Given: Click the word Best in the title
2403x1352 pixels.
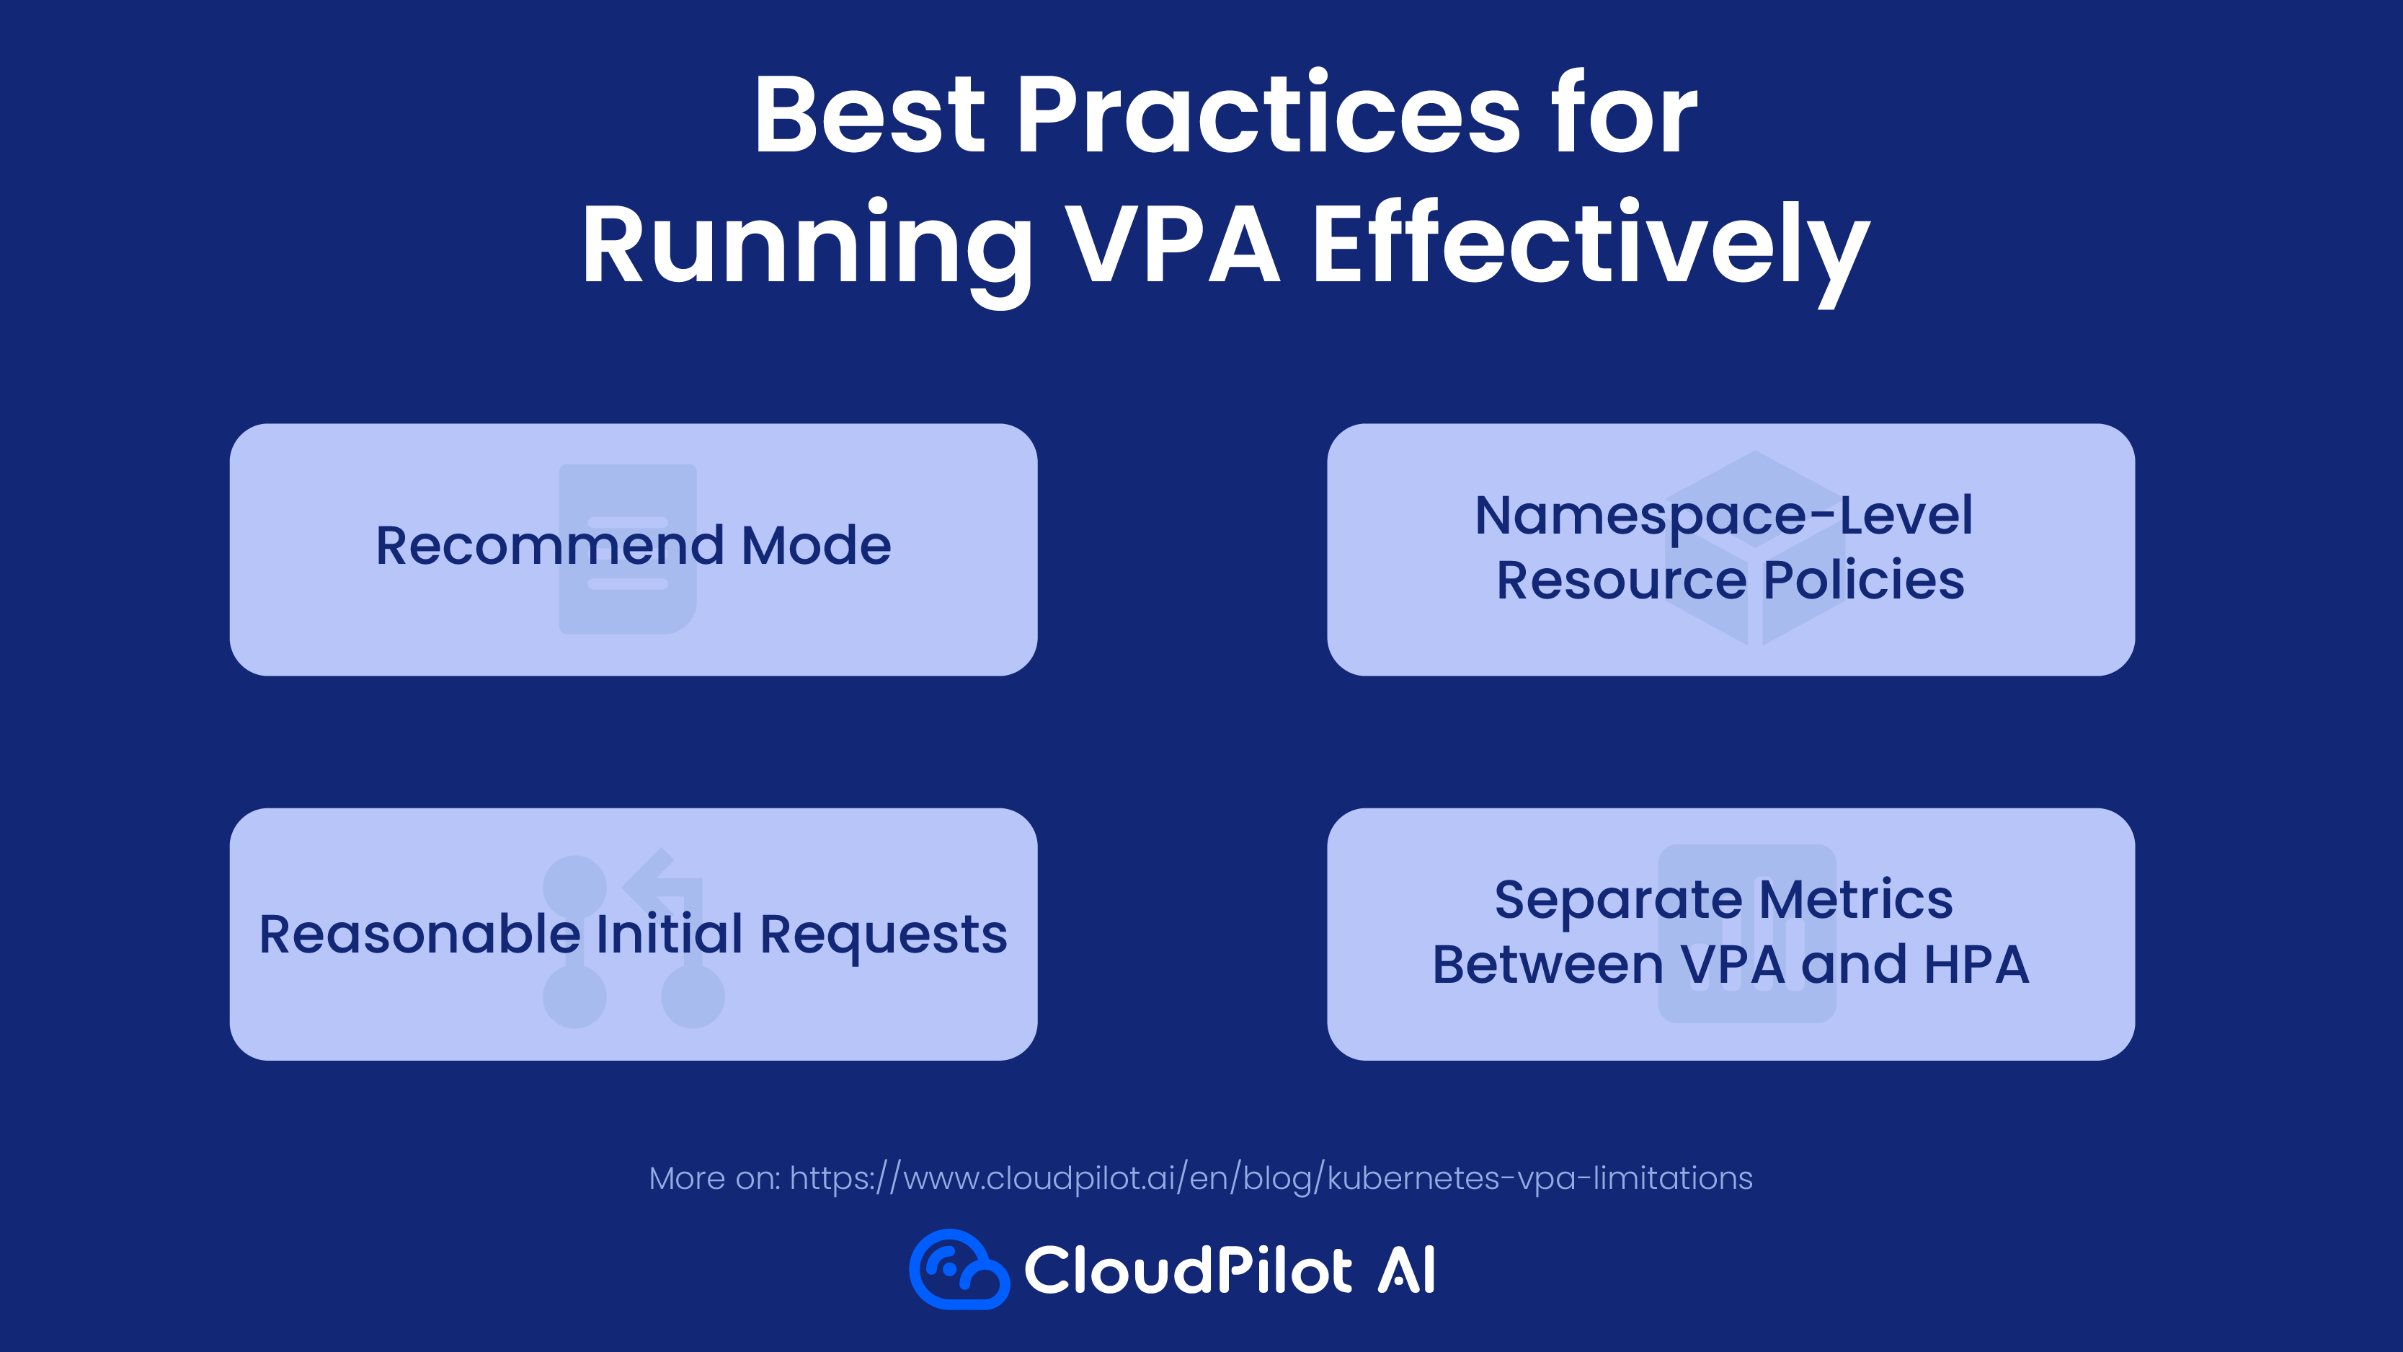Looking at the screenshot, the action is click(869, 115).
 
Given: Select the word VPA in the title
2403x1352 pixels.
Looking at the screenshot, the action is click(1173, 244).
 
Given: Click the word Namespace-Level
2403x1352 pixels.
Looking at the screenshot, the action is click(1724, 516).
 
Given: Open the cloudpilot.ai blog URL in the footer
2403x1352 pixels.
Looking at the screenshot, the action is click(1271, 1178).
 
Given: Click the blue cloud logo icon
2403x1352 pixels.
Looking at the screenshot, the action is click(959, 1269).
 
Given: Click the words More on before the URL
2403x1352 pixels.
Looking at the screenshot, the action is click(714, 1178).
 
